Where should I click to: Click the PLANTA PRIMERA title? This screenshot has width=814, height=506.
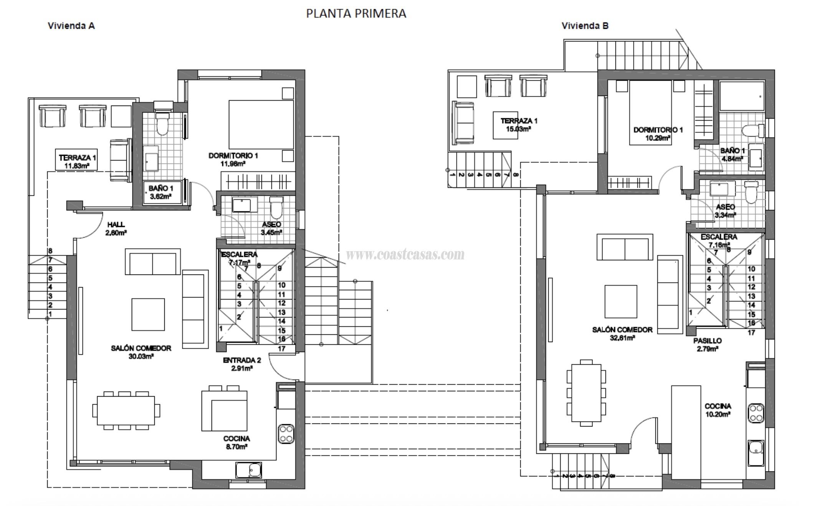point(356,13)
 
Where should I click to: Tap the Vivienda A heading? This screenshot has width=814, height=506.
point(71,26)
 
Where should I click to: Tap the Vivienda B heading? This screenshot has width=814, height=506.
point(585,26)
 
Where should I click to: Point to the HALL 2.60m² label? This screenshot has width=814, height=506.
point(116,228)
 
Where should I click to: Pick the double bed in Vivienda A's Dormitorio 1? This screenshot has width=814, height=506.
point(261,124)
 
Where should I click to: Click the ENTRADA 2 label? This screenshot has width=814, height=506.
point(242,364)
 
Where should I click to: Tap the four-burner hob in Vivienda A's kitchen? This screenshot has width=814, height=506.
point(286,434)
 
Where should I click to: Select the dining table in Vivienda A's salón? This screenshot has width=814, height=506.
point(126,410)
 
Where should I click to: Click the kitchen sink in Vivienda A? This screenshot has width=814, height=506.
point(248,470)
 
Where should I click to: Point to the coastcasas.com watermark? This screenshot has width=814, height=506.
point(405,254)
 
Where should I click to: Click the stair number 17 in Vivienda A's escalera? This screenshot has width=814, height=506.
point(281,349)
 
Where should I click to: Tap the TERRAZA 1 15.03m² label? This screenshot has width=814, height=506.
point(518,125)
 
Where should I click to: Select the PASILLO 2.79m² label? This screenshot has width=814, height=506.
point(707,344)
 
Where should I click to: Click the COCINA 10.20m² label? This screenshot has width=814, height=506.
point(718,410)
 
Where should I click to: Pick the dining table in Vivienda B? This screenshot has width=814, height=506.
point(586,393)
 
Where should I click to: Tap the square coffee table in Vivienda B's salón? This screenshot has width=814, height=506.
point(620,301)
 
